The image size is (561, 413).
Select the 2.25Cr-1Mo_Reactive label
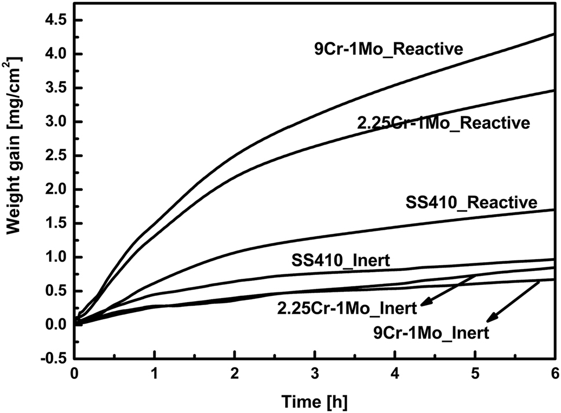click(443, 123)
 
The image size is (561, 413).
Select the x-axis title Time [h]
click(314, 400)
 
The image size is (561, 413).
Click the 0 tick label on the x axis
click(74, 374)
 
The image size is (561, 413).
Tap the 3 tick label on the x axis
click(314, 374)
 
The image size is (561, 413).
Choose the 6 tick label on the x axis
click(554, 374)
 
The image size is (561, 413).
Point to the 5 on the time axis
click(475, 374)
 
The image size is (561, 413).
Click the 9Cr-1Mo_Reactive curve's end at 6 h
click(553, 34)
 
